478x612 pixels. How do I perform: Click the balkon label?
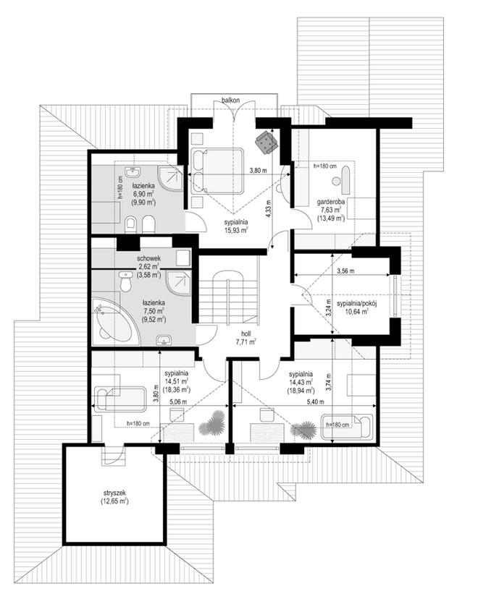(230, 101)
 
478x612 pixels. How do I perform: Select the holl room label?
(246, 333)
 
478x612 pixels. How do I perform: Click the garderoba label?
(331, 202)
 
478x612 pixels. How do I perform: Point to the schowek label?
(148, 259)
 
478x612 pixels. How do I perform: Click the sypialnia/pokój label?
(358, 303)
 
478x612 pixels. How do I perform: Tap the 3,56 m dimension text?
(345, 271)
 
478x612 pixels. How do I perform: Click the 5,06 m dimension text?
(178, 401)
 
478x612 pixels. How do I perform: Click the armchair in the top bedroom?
(267, 141)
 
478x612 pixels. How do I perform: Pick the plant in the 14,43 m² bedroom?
(303, 430)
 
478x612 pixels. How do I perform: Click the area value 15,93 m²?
(236, 230)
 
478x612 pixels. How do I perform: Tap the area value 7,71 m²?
(246, 341)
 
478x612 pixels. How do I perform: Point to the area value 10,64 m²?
(358, 311)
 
